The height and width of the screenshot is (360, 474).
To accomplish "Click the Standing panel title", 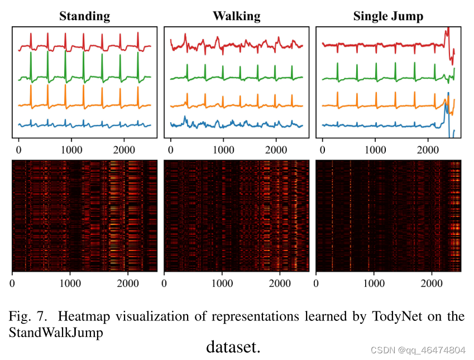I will coord(85,16).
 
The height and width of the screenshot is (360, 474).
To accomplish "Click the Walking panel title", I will coord(236,16).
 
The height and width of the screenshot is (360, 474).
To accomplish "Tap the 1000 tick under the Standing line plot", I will coord(71,150).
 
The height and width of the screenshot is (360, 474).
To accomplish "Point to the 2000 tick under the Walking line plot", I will coord(276,150).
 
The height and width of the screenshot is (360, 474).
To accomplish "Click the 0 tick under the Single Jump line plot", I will coord(322,150).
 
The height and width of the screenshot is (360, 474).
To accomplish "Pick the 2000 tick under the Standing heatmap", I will coord(128,283).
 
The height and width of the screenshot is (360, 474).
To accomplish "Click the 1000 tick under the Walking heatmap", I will coord(223,283).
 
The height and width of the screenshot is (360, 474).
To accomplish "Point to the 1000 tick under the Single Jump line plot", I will coord(375,150).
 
